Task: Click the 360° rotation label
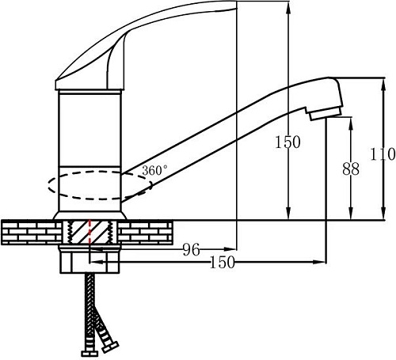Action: point(154,170)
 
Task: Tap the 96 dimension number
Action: point(192,250)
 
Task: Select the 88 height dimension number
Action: point(351,169)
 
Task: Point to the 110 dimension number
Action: point(383,154)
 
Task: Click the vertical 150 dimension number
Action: point(287,142)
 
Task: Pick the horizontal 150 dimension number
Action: point(222,262)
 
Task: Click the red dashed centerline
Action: point(89,233)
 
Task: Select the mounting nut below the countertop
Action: point(89,260)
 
